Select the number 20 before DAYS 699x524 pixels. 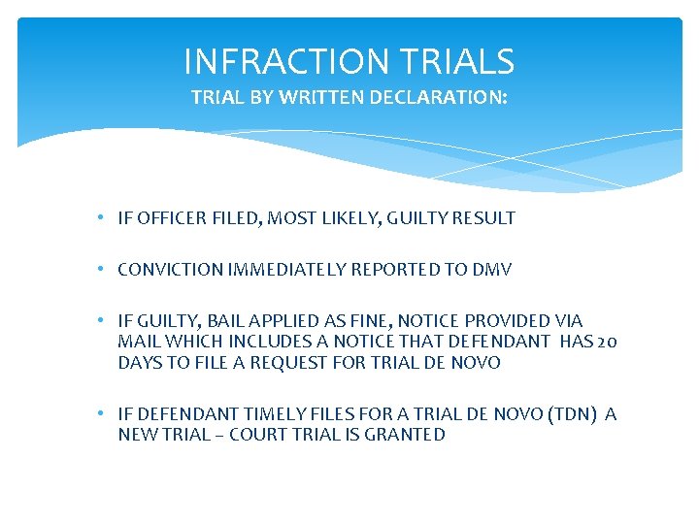coord(607,342)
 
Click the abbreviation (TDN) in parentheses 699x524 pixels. coord(573,414)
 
